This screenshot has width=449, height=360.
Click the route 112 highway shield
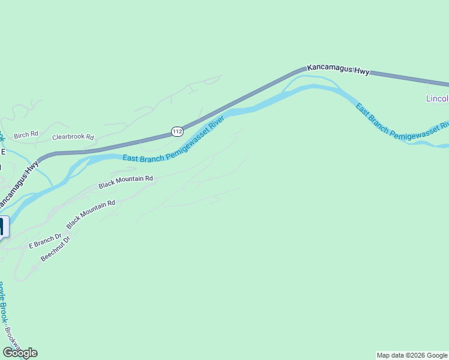coord(177,131)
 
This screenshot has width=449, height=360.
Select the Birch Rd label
coord(26,134)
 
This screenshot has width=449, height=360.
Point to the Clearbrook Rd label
coord(73,137)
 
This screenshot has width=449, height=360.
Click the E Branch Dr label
coord(46,241)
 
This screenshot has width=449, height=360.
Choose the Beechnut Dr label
coord(56,248)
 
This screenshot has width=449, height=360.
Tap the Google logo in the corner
coord(20,353)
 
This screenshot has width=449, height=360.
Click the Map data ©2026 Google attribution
coord(412,355)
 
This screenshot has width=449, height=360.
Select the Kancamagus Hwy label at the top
coord(339,70)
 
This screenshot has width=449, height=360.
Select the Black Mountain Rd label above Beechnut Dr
coord(91,214)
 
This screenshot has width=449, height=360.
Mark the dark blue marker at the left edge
coord(2,227)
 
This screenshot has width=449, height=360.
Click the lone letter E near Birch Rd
coord(3,152)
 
